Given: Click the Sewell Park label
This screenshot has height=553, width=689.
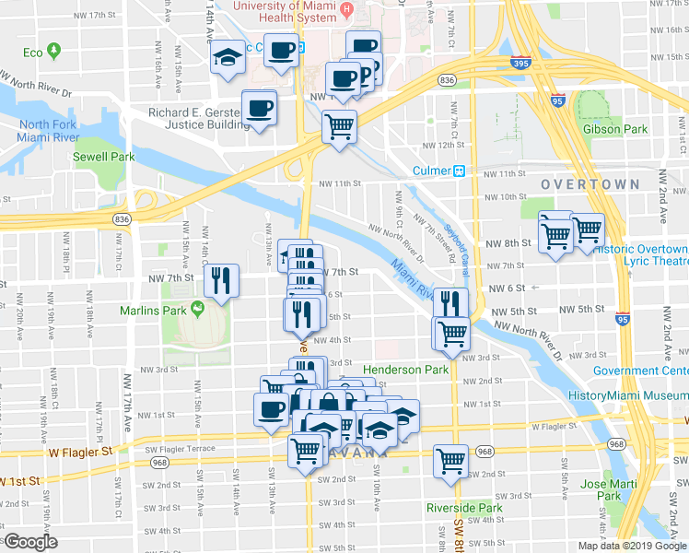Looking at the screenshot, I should point(104,157).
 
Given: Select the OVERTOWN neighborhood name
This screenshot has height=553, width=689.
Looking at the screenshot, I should point(590,184).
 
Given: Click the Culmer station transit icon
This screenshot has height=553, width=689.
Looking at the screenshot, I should point(458,171).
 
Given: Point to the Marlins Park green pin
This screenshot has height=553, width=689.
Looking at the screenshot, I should point(195,308).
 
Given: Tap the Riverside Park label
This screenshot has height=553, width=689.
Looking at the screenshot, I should point(464,508).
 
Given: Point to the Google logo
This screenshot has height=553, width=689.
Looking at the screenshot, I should point(30,542).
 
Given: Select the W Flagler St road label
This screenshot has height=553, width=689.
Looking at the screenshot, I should point(80,452).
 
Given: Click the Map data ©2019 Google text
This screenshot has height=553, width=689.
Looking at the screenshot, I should point(630,546).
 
